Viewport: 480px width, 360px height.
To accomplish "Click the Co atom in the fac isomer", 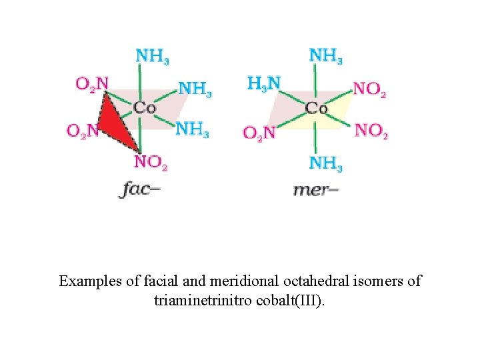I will pos(144,107).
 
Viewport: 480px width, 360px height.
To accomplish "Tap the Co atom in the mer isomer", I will pos(316,107).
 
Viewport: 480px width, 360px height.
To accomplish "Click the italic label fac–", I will pos(140,189).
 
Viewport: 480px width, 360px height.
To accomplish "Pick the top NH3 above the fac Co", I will pos(151,55).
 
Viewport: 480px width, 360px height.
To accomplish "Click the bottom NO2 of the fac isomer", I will pos(151,161).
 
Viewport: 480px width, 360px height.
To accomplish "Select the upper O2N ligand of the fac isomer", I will pos(92,84).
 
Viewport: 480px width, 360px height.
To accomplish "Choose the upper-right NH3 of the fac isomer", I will pos(195,89).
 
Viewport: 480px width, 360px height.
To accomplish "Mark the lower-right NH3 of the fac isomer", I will pos(192,129).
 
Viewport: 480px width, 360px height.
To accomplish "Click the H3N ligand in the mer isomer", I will pos(264,84).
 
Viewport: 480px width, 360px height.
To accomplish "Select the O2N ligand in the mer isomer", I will pos(259,132).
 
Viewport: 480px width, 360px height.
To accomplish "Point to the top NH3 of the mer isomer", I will pos(325,55).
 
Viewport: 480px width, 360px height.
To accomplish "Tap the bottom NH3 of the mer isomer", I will pos(325,163).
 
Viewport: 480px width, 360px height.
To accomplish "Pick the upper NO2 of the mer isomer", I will pos(369,89).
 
